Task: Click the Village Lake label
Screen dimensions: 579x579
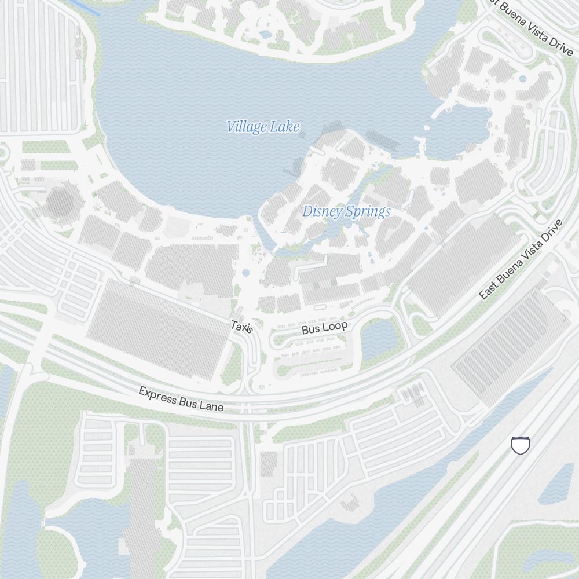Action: coord(263,127)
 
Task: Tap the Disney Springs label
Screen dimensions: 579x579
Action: coord(346,212)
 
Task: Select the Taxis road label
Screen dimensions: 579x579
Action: coord(242,327)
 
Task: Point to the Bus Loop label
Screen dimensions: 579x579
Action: coord(325,328)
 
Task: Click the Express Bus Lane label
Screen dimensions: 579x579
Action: coord(181,399)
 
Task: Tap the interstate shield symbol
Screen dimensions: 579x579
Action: coord(521,445)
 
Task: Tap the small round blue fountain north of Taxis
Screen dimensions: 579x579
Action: coord(246,272)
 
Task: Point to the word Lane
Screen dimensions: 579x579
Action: coord(212,406)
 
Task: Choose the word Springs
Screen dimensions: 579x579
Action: coord(368,212)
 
